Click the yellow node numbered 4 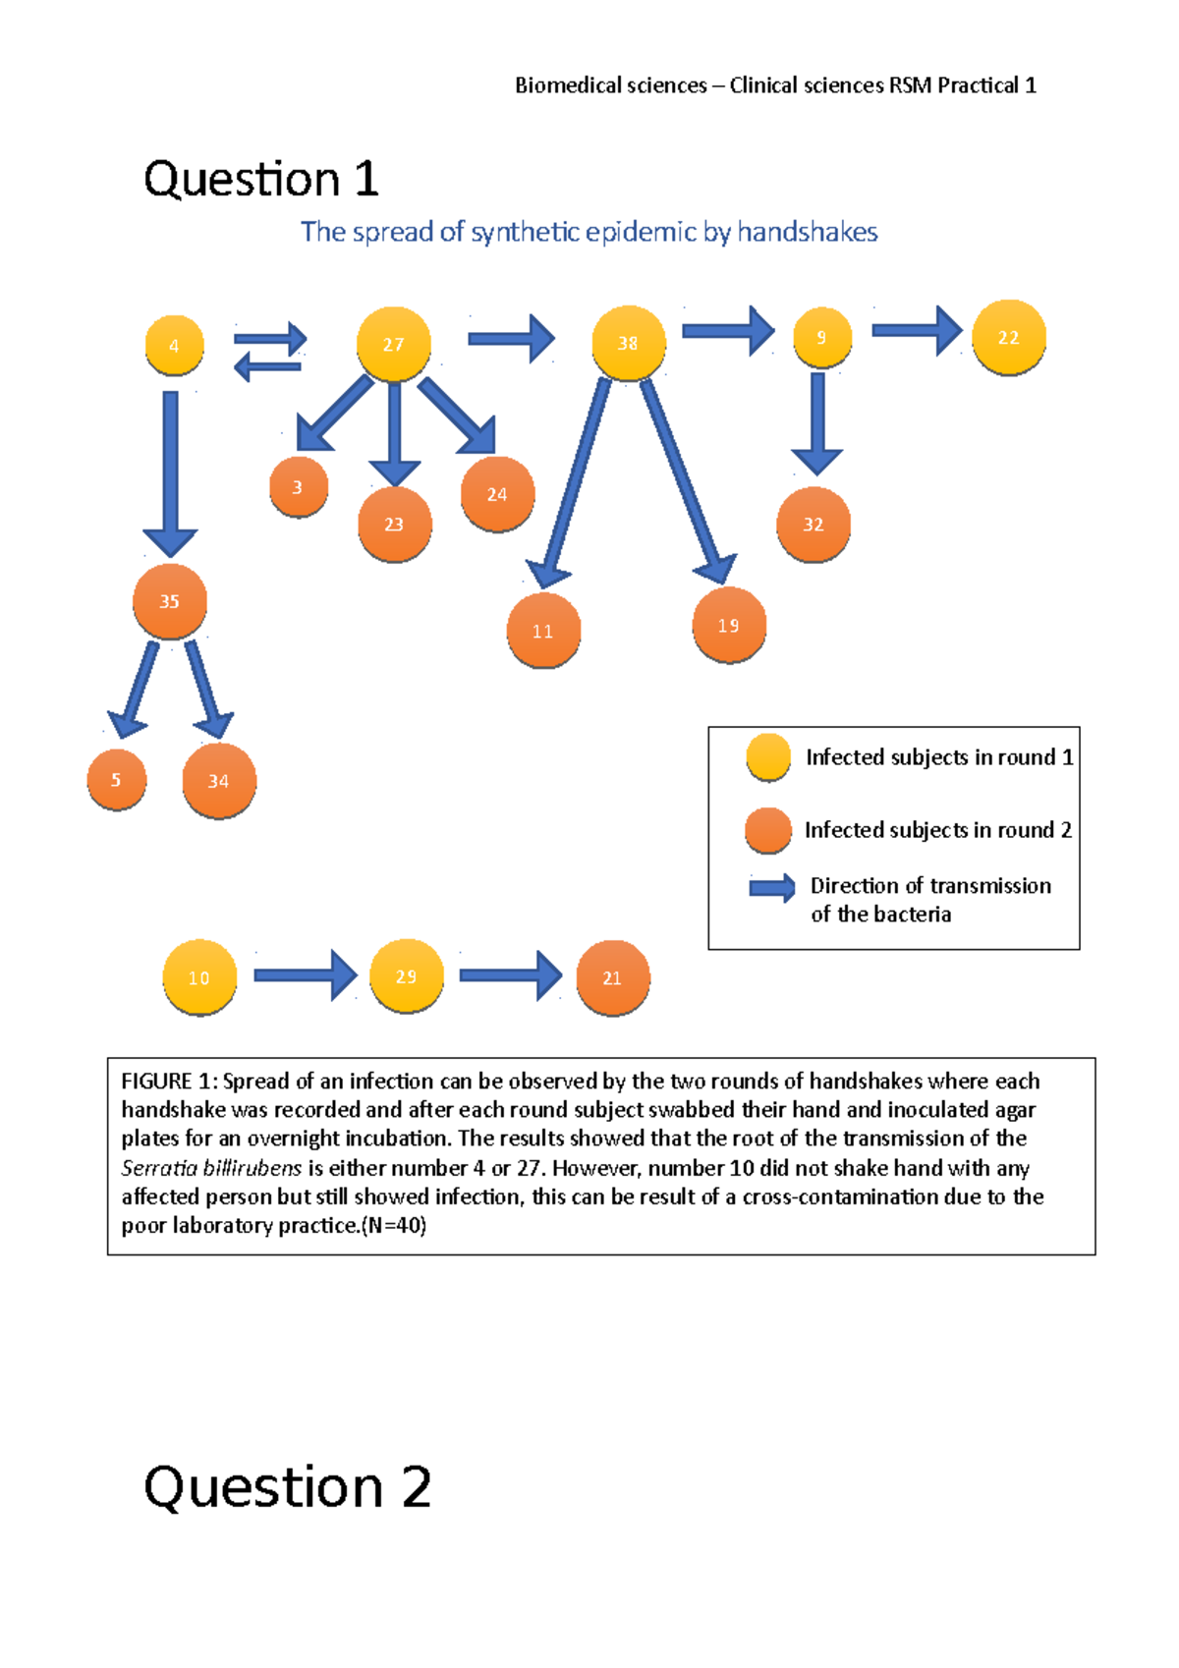coord(174,345)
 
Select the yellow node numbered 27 coord(393,344)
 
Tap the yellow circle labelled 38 coord(628,343)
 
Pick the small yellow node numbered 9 coord(821,337)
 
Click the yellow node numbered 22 coord(1008,337)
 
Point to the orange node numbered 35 coord(170,601)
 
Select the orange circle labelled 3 coord(298,486)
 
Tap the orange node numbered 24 coord(497,494)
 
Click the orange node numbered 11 coord(543,631)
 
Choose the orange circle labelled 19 coord(728,626)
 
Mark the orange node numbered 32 coord(814,525)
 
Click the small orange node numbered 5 coord(116,780)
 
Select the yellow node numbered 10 coord(199,977)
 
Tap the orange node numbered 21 coord(612,977)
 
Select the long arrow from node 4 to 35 coord(170,472)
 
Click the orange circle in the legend coord(768,830)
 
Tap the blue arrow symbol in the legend coord(772,888)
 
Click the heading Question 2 coord(287,1485)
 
